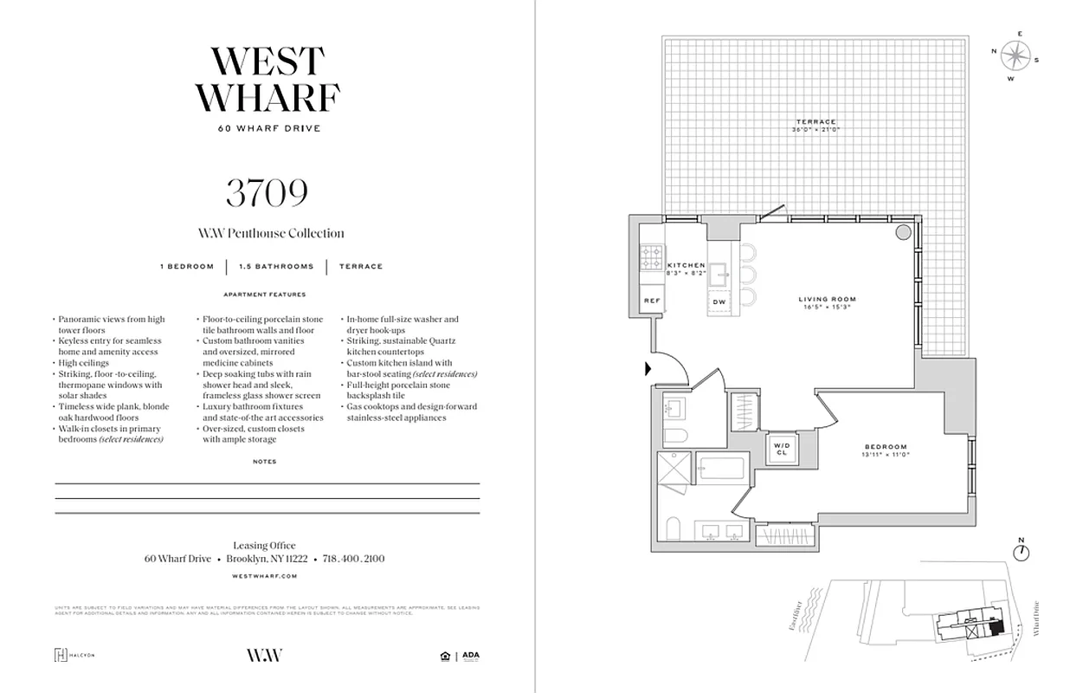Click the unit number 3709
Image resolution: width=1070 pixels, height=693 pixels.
point(267,193)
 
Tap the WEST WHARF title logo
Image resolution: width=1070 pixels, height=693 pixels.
point(267,80)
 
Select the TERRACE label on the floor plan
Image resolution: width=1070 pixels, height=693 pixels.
point(815,122)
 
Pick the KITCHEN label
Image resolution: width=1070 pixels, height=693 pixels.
point(685,265)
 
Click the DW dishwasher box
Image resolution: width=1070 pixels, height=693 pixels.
point(719,301)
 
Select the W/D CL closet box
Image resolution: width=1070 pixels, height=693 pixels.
point(781,448)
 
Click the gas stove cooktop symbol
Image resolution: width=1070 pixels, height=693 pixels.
point(651,256)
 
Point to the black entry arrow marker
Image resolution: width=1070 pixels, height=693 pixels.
point(648,369)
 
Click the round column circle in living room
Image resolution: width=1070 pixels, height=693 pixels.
point(902,232)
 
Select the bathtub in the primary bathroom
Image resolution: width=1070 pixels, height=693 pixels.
point(726,472)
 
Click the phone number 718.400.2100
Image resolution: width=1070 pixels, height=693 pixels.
point(353,559)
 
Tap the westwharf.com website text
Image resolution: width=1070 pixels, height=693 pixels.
point(266,575)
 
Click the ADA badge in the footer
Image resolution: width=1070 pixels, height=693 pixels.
point(470,656)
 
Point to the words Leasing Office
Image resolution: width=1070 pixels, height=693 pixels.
point(264,546)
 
